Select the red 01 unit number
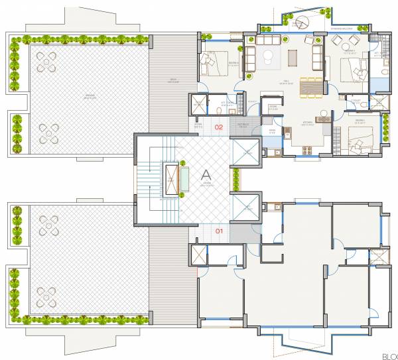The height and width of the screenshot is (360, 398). point(219,231)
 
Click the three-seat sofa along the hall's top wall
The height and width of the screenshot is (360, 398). point(269,41)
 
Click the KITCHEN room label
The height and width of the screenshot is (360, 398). point(290,123)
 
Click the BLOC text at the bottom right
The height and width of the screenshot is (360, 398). point(389,355)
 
